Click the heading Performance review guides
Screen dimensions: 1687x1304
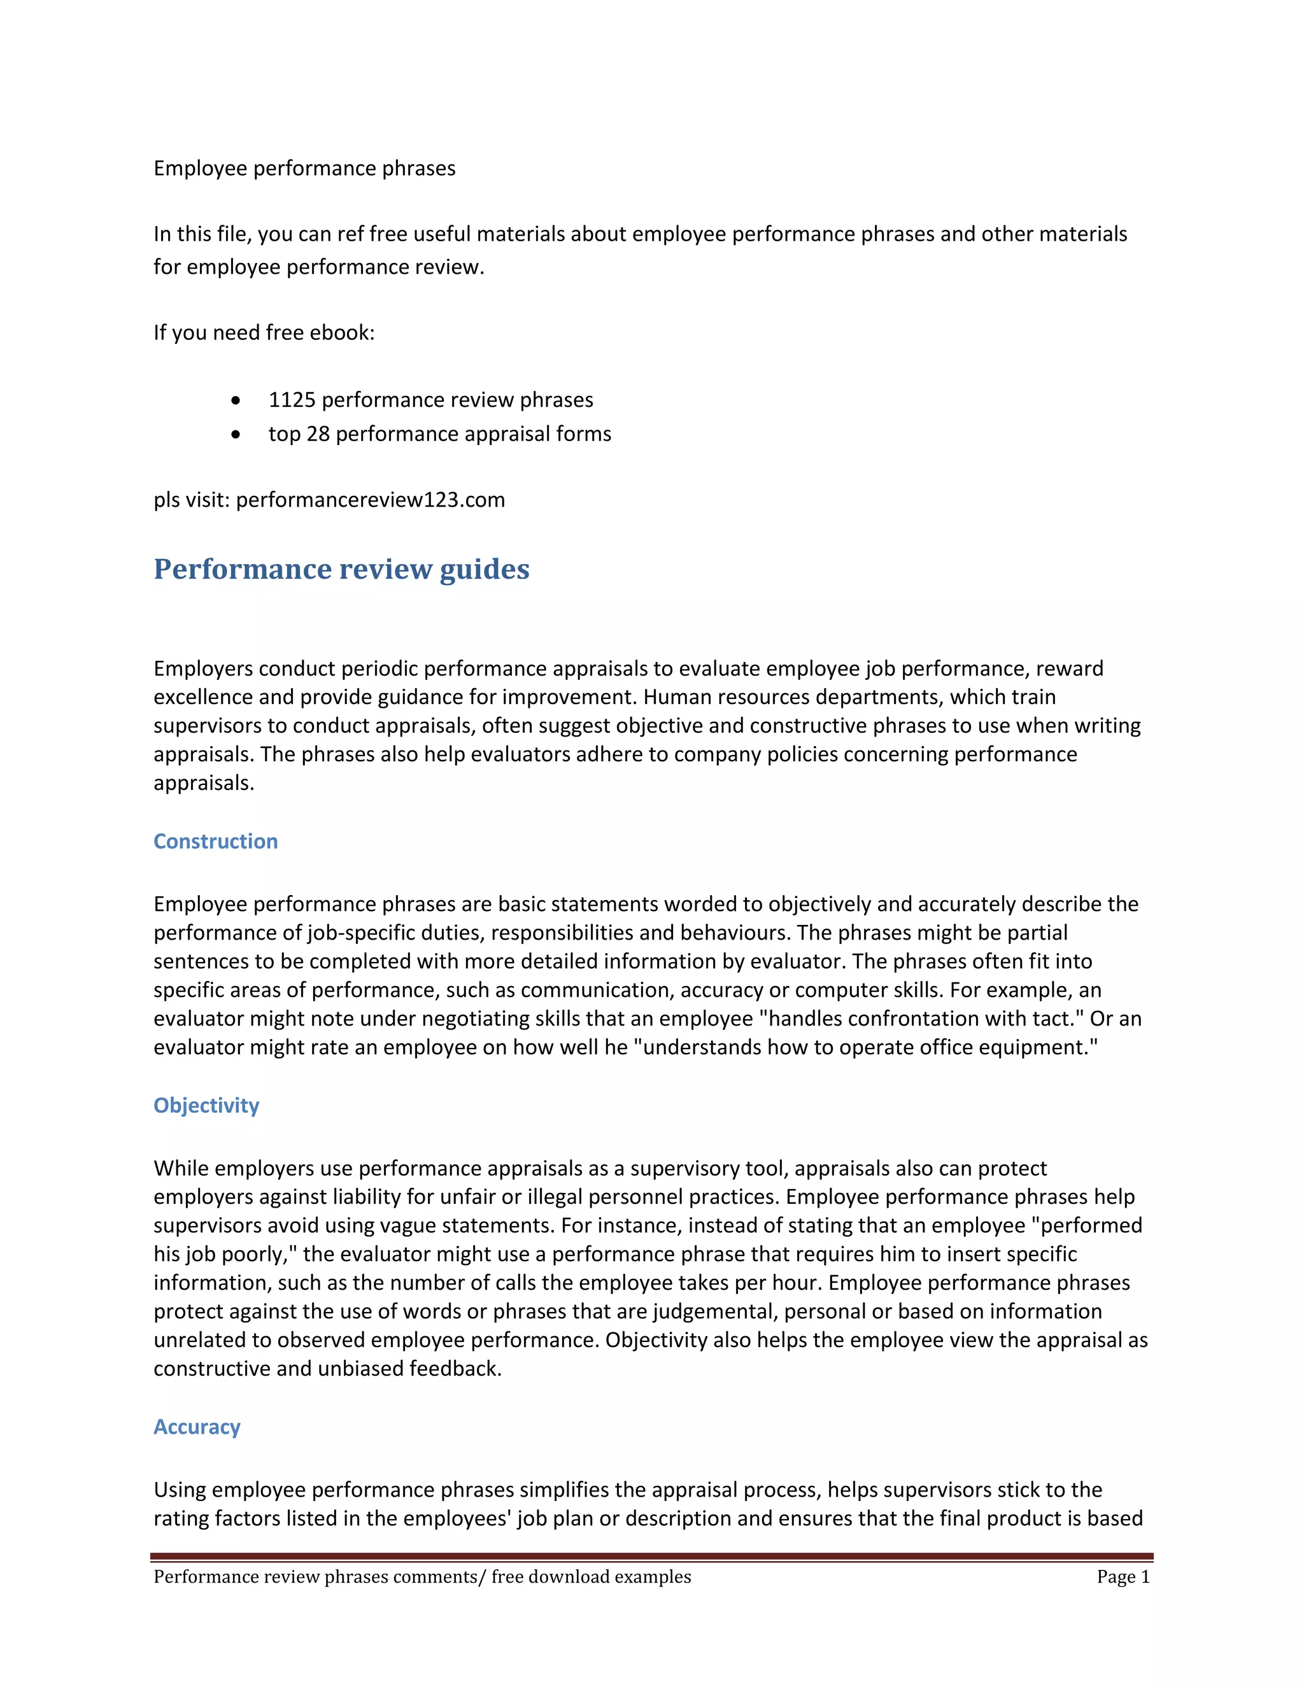(x=341, y=569)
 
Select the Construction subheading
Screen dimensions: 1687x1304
(x=216, y=841)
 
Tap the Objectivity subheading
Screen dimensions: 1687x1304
(x=206, y=1105)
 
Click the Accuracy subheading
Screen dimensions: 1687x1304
(x=197, y=1427)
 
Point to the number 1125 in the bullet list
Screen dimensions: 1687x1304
(x=292, y=400)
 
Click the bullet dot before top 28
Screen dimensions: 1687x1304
(x=236, y=435)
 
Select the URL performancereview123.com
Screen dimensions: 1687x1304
(x=370, y=500)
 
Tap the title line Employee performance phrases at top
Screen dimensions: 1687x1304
(x=304, y=169)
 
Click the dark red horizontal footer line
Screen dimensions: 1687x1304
(x=651, y=1556)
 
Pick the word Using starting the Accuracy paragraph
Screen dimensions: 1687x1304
(x=179, y=1490)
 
